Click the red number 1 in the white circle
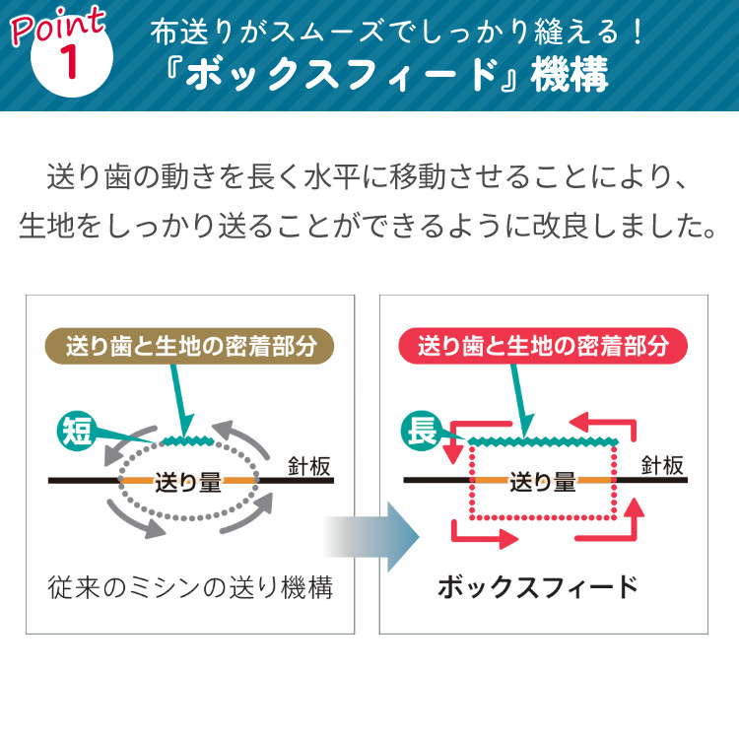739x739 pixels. tap(70, 62)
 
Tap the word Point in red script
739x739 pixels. tap(57, 25)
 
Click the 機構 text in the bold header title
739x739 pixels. tap(570, 75)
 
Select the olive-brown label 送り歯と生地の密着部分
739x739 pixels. tap(189, 346)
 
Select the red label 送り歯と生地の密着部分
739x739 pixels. tap(543, 346)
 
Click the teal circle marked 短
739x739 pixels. tap(76, 432)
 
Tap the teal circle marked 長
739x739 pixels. tap(421, 431)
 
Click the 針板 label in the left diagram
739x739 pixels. tap(309, 466)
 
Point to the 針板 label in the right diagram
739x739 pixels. tap(662, 466)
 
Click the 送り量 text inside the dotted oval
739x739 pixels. tap(188, 483)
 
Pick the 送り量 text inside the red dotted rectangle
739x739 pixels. tap(543, 482)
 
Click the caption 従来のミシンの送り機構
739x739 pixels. tap(190, 587)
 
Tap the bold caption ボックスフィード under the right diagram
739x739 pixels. tap(538, 587)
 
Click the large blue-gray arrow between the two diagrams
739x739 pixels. tap(372, 537)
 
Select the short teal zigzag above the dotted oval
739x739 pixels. tap(187, 440)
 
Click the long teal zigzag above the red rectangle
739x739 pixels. tap(543, 441)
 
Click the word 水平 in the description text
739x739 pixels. tap(331, 177)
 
